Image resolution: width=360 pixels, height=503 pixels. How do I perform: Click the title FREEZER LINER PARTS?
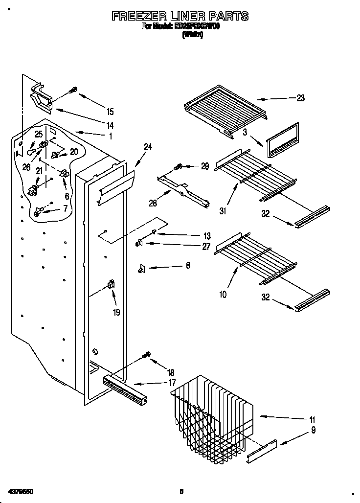(x=180, y=16)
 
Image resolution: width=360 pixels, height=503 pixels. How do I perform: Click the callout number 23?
(x=300, y=98)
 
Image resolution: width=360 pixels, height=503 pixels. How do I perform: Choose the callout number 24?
(x=148, y=146)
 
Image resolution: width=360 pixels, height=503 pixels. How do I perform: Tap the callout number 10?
(x=223, y=295)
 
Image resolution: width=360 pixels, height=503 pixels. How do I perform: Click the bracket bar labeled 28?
(x=183, y=189)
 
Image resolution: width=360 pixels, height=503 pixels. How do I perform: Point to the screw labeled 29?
(x=179, y=167)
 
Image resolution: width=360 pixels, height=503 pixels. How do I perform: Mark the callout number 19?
(x=116, y=312)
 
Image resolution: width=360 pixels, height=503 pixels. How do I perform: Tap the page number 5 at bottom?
(x=181, y=491)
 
